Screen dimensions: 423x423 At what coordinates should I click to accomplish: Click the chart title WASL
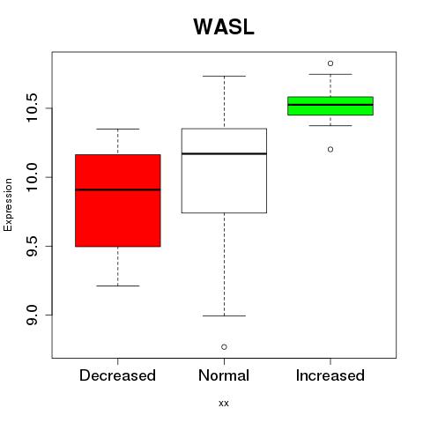coord(224,27)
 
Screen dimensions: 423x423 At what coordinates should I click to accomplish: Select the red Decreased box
coord(118,200)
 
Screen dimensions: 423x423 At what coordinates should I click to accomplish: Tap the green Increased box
coord(330,106)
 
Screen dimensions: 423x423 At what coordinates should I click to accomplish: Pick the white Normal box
coord(224,170)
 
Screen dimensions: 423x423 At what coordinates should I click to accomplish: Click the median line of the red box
coord(118,189)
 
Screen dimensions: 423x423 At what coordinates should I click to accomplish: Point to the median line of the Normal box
coord(224,153)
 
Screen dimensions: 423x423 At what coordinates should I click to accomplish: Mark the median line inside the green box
coord(330,105)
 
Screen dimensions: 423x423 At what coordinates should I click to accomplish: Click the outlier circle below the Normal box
coord(224,347)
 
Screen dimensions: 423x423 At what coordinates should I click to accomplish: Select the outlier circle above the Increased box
coord(330,63)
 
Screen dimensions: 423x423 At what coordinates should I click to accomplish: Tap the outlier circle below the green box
coord(330,149)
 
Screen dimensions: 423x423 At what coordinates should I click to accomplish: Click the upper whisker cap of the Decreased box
coord(118,129)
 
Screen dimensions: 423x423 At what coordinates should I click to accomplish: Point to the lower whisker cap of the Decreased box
coord(118,286)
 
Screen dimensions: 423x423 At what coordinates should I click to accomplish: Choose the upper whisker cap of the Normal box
coord(224,76)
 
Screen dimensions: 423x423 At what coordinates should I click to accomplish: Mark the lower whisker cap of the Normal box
coord(224,315)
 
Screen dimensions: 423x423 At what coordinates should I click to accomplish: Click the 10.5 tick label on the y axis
coord(33,108)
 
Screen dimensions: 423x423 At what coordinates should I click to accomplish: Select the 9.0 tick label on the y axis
coord(33,315)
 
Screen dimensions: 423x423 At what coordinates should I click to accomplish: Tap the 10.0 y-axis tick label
coord(33,177)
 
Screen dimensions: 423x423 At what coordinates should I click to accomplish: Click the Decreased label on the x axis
coord(117,375)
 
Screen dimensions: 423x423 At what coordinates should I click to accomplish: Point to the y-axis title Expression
coord(8,204)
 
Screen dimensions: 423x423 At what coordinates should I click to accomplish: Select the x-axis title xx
coord(224,404)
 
